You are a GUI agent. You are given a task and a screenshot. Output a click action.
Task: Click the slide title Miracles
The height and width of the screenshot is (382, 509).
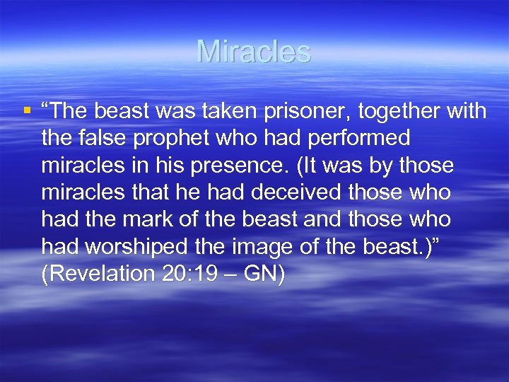(x=254, y=52)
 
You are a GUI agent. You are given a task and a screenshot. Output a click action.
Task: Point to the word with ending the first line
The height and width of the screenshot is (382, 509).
(x=464, y=112)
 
